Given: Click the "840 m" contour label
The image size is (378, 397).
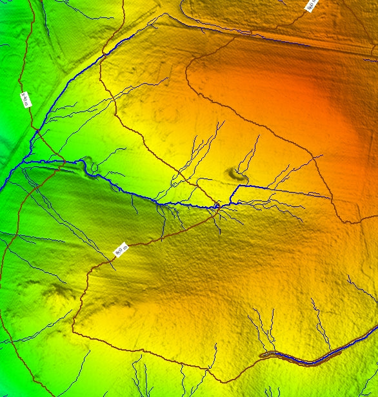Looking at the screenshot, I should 25,99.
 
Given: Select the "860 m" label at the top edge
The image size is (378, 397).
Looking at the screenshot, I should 311,5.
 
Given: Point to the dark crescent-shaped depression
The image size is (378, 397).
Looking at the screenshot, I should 237,173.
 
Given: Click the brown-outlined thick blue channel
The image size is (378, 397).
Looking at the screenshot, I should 310,360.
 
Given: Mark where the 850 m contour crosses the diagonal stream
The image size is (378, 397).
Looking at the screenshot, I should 101,59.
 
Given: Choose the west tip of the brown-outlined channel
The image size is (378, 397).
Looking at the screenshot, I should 261,355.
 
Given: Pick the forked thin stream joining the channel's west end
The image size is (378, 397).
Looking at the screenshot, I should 255,329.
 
